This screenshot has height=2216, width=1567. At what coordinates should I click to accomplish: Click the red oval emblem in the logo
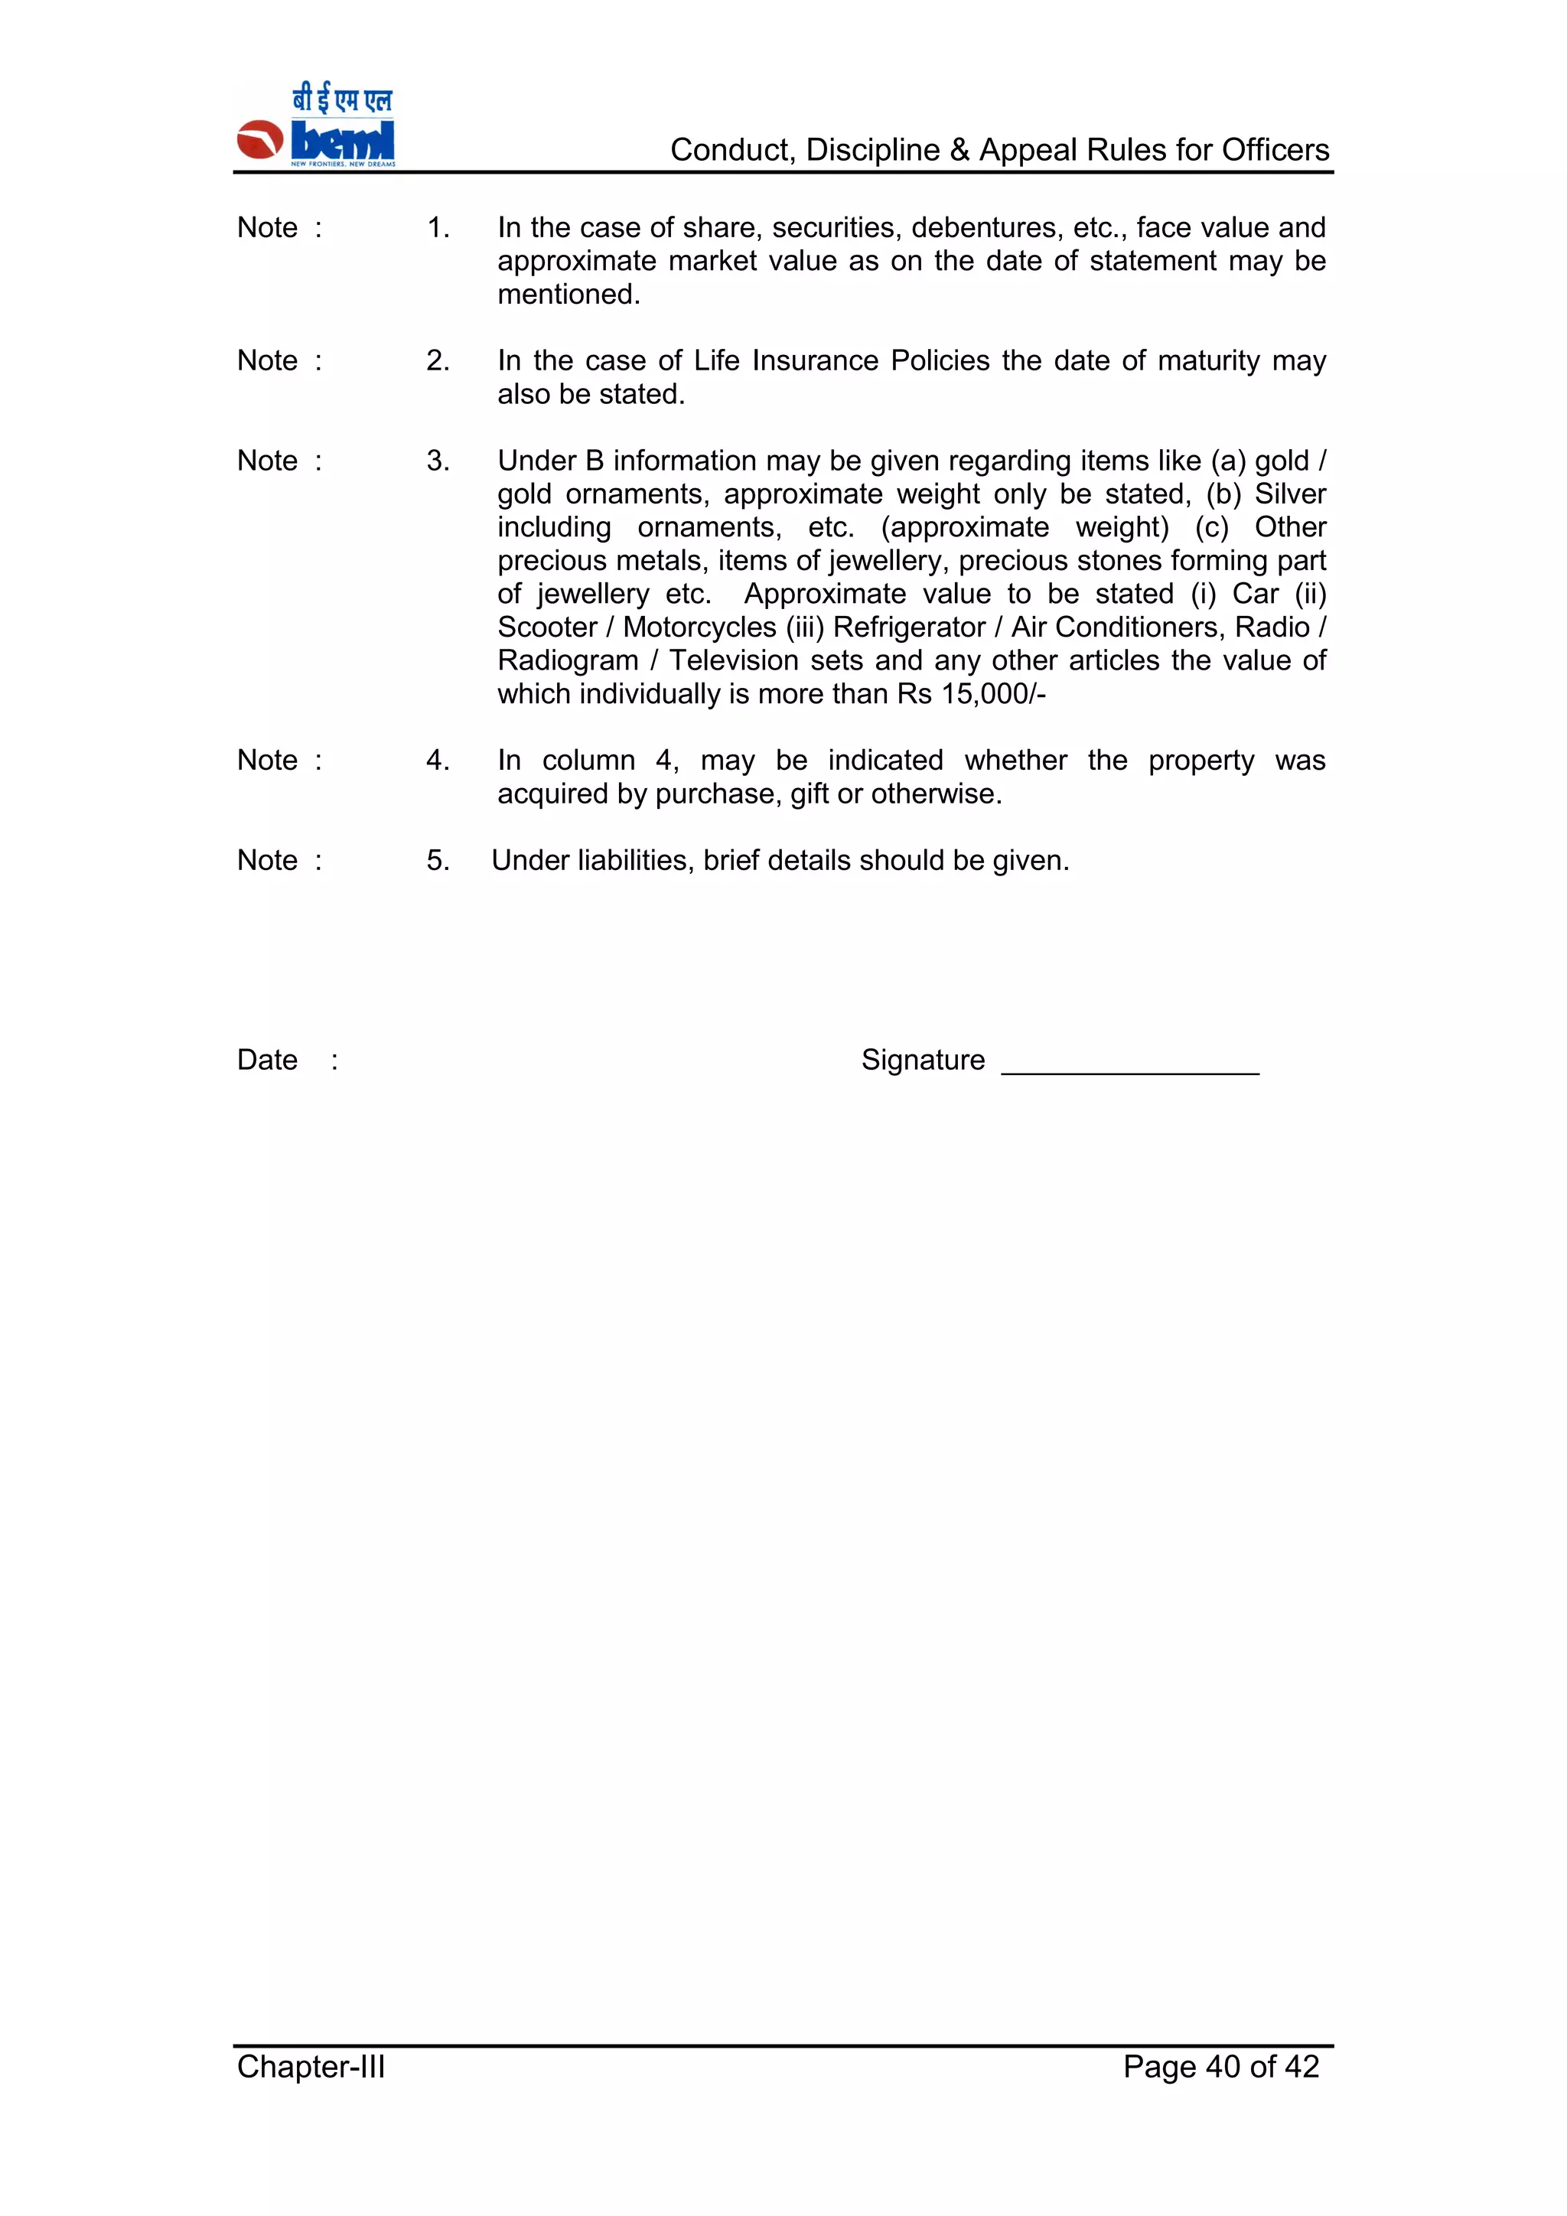(x=259, y=140)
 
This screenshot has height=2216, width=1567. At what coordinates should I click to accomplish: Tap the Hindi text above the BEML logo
(x=343, y=99)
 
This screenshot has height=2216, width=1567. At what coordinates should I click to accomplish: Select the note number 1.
(x=438, y=228)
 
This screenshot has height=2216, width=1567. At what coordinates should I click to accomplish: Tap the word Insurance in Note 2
(x=816, y=361)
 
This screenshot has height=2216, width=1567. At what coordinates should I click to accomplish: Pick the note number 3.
(x=438, y=461)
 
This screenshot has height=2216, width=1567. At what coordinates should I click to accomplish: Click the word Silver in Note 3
(x=1290, y=494)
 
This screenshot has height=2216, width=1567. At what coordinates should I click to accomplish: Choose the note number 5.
(x=438, y=861)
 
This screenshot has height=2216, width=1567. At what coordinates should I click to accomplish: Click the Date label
(x=267, y=1060)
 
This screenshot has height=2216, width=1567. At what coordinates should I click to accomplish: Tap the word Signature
(x=923, y=1060)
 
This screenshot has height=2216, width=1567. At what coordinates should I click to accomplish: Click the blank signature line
(x=1130, y=1071)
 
